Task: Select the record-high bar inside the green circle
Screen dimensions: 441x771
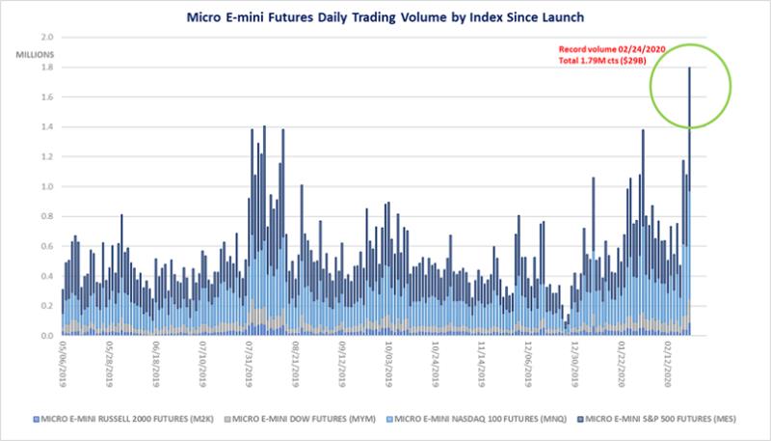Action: tap(689, 193)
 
